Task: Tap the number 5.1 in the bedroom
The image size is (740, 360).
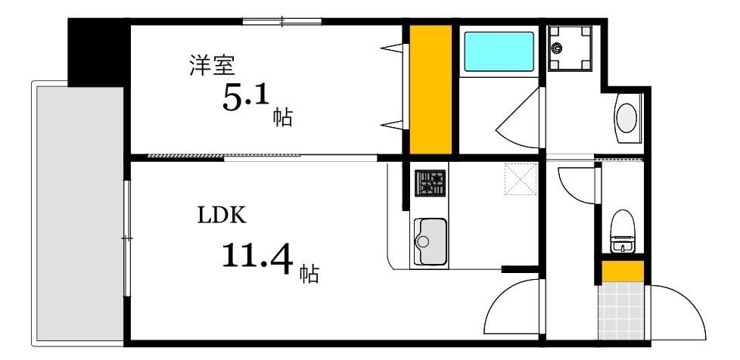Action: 246,98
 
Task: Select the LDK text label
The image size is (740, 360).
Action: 222,216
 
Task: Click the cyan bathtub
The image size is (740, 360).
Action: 499,50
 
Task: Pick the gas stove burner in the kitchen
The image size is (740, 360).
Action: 430,183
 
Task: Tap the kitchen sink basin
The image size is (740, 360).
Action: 430,241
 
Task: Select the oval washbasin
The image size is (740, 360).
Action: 627,118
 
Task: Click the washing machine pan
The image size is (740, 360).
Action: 569,48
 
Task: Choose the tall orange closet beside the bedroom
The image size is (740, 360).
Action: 431,89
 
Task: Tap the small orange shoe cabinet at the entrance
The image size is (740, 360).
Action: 622,271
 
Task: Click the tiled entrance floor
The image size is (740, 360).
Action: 622,310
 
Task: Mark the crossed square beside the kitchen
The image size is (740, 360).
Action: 521,178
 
